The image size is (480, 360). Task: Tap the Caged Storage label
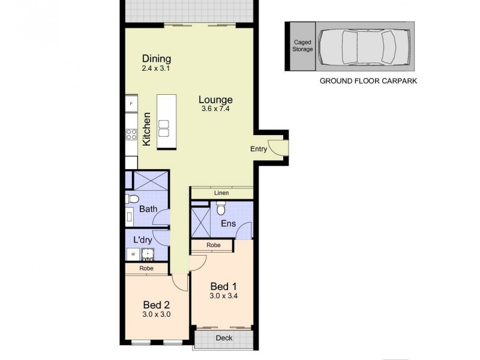pos(302,46)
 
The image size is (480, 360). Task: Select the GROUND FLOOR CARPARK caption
pos(368,80)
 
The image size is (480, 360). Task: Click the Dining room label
pos(157,59)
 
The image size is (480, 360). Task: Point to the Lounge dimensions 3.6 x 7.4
pos(216,109)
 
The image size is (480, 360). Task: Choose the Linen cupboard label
pos(221,193)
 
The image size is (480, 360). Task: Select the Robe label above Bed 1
pos(213,245)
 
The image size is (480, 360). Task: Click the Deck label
pos(224,338)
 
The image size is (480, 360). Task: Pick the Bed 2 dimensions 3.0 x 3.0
pos(157,313)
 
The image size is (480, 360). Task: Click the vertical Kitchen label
pos(146,130)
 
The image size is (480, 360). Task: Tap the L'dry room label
pos(142,240)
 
